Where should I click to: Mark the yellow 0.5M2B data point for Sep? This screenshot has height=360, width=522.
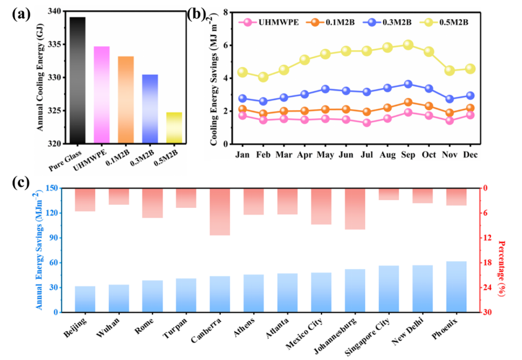pyautogui.click(x=408, y=45)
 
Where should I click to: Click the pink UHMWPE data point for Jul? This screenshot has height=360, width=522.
pyautogui.click(x=367, y=123)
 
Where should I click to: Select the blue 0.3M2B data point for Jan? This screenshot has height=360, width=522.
pyautogui.click(x=242, y=98)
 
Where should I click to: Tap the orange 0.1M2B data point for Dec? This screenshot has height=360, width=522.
pyautogui.click(x=470, y=108)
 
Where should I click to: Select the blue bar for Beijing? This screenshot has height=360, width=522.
pyautogui.click(x=85, y=299)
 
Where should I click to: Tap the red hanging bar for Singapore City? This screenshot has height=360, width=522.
pyautogui.click(x=389, y=194)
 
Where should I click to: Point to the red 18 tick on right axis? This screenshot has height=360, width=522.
pyautogui.click(x=489, y=263)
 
